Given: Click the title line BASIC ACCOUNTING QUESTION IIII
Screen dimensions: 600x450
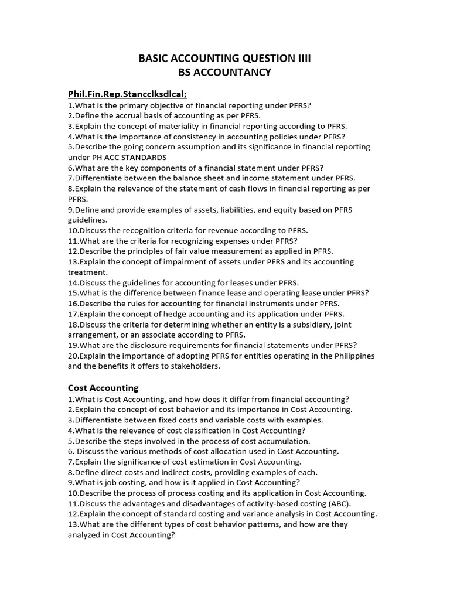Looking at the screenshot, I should tap(224, 58).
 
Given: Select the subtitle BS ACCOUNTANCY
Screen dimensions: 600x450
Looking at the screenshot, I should tap(224, 73).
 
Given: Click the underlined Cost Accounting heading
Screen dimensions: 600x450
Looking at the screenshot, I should tap(103, 388).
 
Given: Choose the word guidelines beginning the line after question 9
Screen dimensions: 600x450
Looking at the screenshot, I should tap(87, 220).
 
